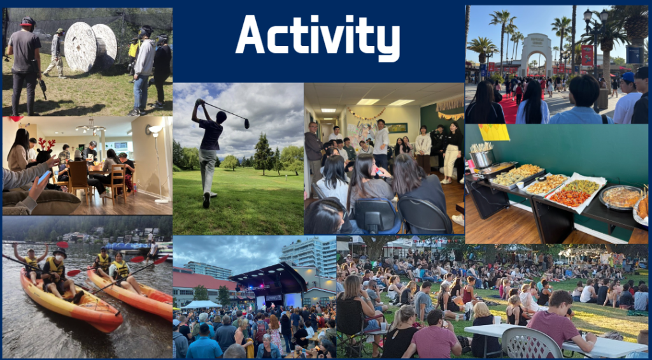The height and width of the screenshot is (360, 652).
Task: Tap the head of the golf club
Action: click(x=246, y=124)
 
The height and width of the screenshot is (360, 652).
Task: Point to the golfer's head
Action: click(x=221, y=117)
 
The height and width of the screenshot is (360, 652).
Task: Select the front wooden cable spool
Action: click(x=80, y=47)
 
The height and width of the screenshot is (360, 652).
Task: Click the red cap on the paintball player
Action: click(x=28, y=21)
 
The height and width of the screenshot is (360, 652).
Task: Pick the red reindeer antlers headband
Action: click(x=46, y=144)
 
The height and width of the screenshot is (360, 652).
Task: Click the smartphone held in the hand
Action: click(x=44, y=178)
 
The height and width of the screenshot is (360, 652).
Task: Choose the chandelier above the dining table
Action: click(x=90, y=127)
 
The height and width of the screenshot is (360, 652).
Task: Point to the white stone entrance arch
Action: click(x=536, y=54)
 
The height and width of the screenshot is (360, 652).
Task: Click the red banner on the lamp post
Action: click(x=587, y=55)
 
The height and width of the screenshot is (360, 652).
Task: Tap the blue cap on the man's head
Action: click(x=628, y=77)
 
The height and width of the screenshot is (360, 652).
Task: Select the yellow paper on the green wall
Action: click(x=493, y=133)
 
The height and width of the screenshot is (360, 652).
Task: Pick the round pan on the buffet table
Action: click(x=621, y=197)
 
